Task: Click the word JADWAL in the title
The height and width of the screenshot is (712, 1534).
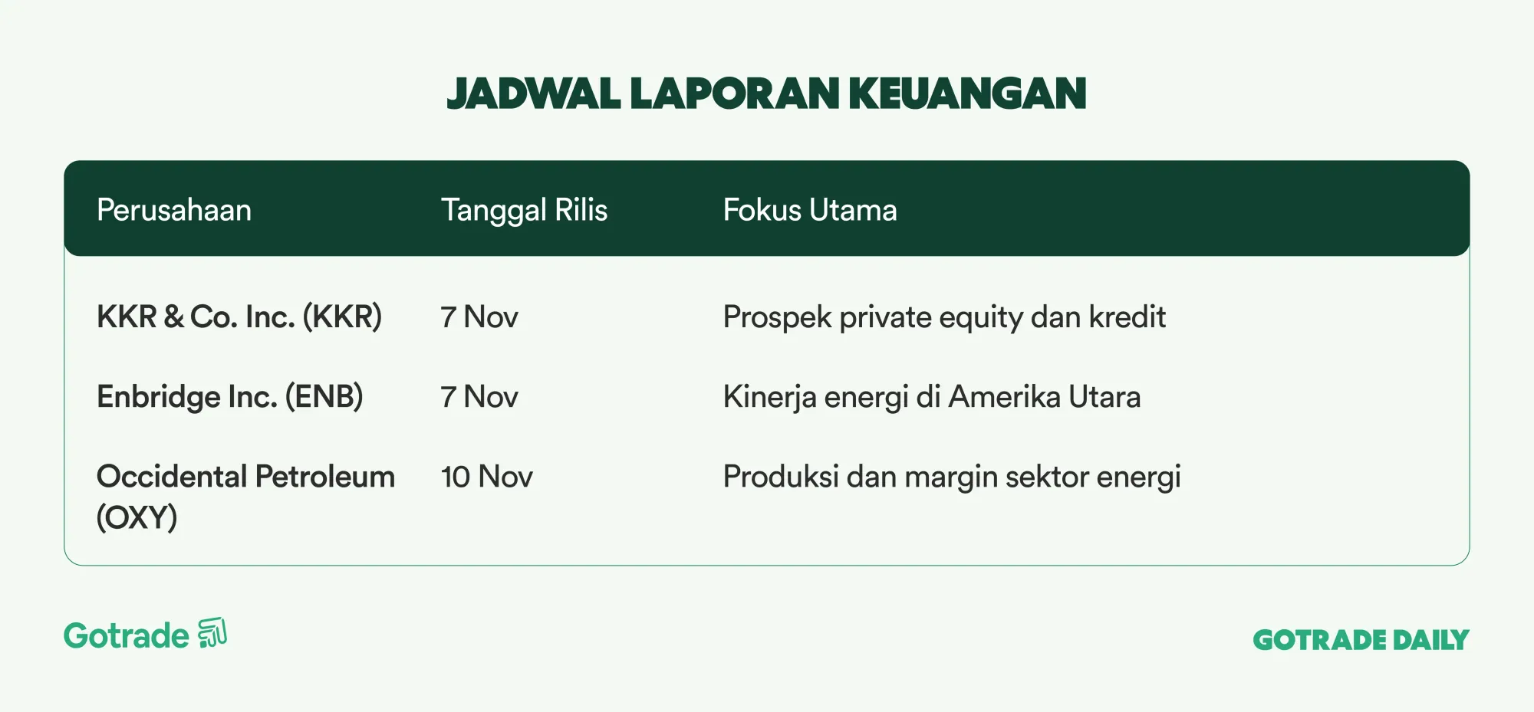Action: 534,94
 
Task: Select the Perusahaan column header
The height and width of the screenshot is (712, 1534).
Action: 174,210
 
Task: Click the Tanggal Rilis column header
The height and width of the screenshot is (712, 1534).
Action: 524,211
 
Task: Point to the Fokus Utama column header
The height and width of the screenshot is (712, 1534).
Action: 810,210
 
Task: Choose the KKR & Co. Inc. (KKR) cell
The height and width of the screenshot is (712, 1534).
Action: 239,317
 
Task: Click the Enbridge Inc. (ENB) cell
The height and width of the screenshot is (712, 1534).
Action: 230,396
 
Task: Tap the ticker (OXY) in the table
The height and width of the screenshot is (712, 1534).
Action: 137,517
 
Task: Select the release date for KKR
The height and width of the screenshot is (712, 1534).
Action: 479,317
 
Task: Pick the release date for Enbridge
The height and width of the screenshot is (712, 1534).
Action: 479,397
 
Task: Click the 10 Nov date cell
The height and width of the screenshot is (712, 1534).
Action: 487,477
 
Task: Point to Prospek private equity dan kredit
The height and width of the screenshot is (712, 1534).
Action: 944,317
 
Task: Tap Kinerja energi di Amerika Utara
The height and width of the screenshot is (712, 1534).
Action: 932,397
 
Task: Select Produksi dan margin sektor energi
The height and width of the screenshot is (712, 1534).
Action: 952,477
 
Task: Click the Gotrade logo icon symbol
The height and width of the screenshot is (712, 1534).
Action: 212,633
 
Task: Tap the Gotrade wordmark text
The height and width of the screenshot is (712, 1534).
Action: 127,636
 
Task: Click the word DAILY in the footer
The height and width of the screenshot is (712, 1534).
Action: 1431,640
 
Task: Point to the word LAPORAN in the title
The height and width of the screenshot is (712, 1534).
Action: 735,94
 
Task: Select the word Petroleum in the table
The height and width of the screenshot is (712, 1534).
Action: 325,477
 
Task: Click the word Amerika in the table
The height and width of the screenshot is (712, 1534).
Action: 1005,397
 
